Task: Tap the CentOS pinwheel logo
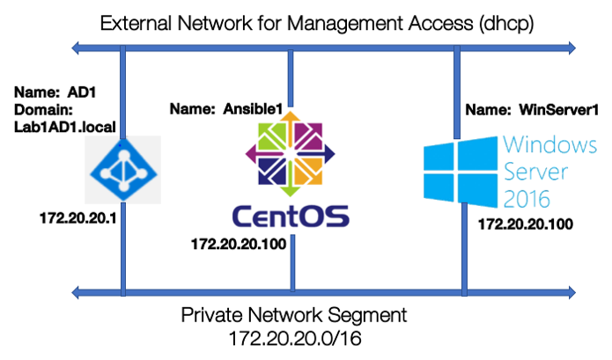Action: (290, 155)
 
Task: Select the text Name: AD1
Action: (50, 91)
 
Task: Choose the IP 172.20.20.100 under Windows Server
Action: (525, 224)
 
